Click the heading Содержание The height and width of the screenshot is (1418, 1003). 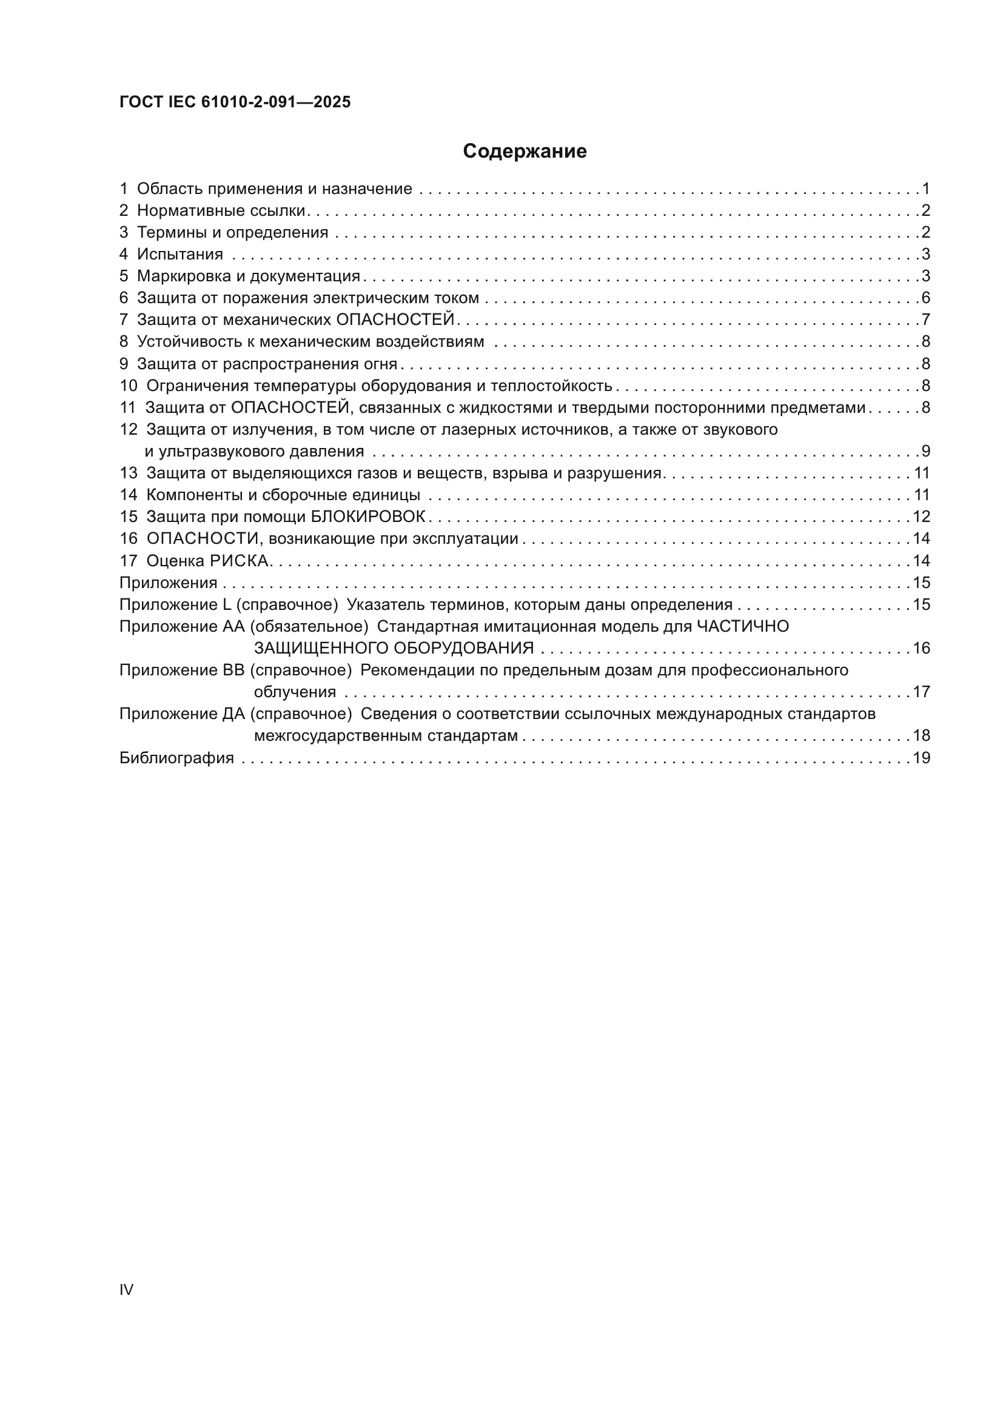coord(525,152)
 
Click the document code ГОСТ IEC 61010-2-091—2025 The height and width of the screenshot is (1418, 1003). coord(235,102)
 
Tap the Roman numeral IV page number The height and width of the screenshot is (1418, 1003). coord(126,1289)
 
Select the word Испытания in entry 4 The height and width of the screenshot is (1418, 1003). coord(179,255)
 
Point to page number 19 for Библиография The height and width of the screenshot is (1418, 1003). coord(922,758)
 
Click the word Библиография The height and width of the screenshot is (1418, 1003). coord(176,758)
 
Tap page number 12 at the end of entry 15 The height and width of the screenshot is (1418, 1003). coord(922,517)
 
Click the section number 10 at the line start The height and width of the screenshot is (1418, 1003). coord(128,386)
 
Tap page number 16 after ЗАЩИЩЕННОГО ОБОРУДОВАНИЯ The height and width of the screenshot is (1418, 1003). coord(922,649)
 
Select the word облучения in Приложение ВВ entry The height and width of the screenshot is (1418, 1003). coord(295,692)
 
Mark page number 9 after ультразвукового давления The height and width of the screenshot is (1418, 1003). coord(925,452)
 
